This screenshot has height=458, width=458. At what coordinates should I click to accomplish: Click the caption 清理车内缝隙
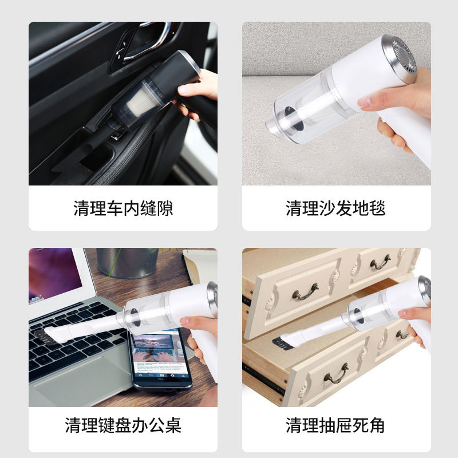click(x=123, y=208)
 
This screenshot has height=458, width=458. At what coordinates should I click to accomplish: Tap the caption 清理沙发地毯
click(x=335, y=208)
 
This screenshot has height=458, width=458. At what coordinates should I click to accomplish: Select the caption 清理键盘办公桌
click(x=123, y=425)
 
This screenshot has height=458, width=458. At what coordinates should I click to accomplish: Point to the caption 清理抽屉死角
click(x=335, y=425)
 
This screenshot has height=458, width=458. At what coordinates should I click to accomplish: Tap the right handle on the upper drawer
click(x=380, y=263)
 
